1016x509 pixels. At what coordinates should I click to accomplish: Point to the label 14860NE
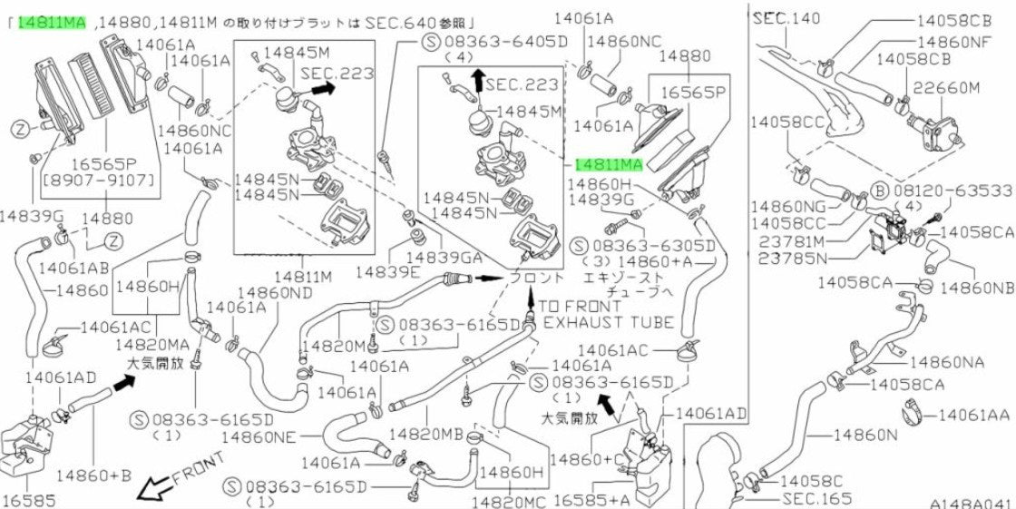click(260, 437)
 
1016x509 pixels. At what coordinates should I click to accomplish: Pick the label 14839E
click(386, 272)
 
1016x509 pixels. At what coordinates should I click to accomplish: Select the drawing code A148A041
click(970, 504)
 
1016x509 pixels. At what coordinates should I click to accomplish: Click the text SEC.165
click(816, 499)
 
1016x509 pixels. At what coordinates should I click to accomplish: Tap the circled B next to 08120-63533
click(879, 191)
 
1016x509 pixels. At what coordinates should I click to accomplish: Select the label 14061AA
click(974, 414)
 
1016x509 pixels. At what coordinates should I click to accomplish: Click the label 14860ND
click(276, 293)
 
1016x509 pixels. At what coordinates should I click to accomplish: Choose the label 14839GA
click(444, 257)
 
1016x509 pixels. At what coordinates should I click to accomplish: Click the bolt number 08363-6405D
click(506, 43)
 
